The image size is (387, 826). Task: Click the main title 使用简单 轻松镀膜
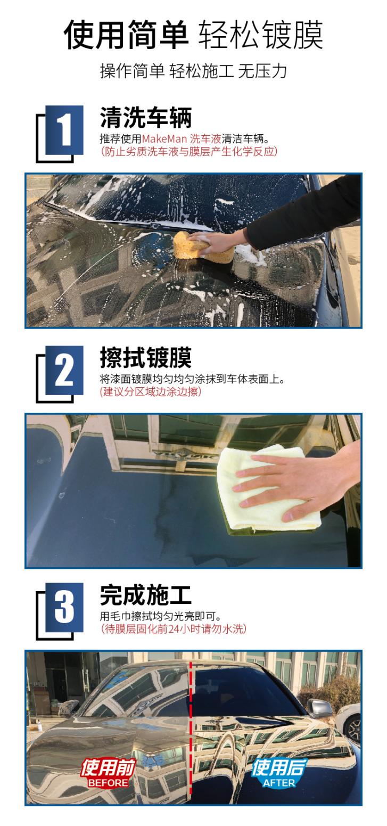pos(193,35)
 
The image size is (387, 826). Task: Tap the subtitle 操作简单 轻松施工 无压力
pos(193,71)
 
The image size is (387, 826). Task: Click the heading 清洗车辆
pos(145,117)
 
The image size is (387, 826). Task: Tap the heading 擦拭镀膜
pos(145,357)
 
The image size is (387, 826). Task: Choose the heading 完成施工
pos(145,595)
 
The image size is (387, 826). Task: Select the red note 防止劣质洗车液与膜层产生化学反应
pos(189,152)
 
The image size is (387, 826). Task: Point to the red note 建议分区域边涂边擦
pos(151,392)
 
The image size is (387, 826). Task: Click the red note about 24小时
pos(174,629)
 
